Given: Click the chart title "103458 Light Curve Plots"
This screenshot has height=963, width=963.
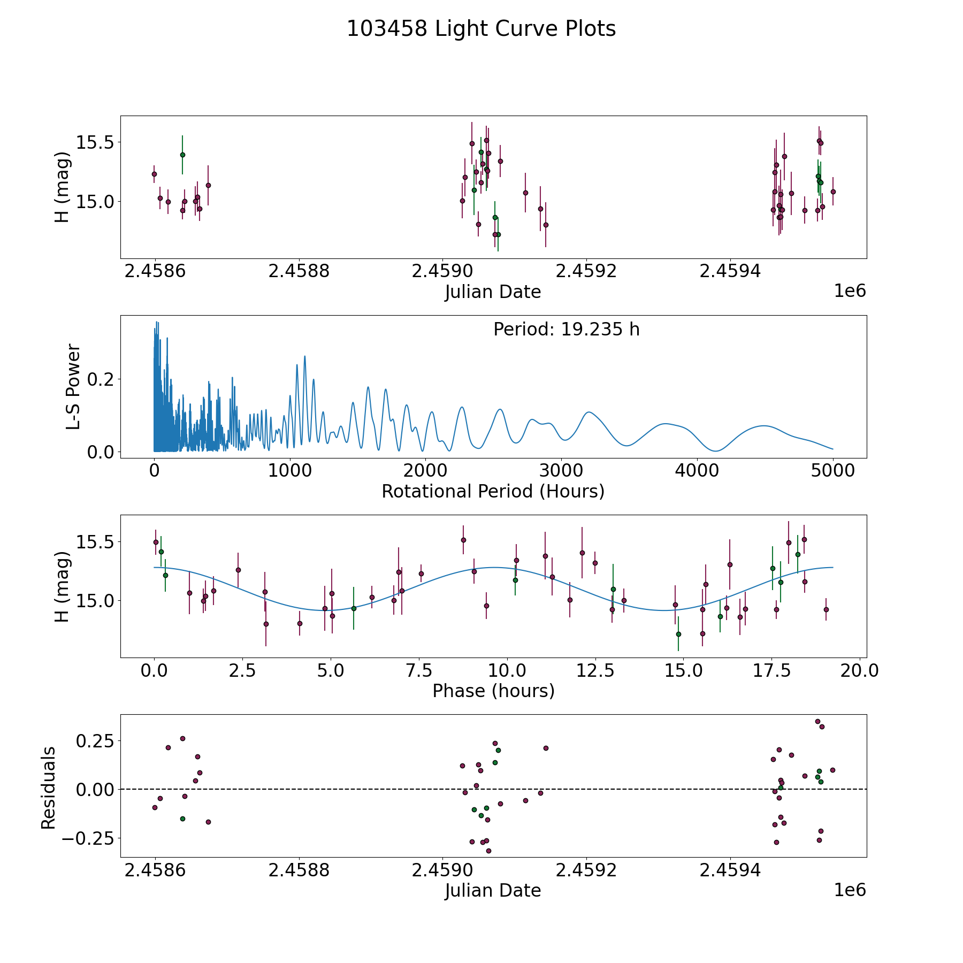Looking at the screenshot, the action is point(481,29).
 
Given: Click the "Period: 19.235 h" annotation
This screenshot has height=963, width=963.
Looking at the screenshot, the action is point(567,329).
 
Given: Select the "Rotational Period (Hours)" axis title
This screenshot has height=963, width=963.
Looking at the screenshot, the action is point(493,491).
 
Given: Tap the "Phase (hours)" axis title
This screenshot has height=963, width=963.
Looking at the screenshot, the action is point(493,691).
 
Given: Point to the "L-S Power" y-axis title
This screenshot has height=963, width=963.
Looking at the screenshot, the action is point(73,387).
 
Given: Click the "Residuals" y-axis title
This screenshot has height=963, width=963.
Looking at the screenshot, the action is point(49,788).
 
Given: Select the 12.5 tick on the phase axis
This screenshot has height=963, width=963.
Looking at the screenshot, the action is point(595,671).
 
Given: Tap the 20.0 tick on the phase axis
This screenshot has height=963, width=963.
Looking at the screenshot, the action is point(859,671).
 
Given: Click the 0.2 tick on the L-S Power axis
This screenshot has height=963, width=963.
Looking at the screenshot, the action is point(100,379).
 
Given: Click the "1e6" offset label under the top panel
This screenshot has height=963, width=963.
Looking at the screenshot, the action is point(850,291).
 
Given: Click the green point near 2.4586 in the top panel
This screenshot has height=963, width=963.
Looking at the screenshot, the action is point(182,155).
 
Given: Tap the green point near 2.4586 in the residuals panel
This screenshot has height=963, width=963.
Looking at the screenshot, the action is point(182,819).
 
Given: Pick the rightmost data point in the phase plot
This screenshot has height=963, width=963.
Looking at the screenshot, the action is point(826,609).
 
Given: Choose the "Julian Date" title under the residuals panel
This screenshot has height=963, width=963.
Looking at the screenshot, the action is point(493,890).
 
